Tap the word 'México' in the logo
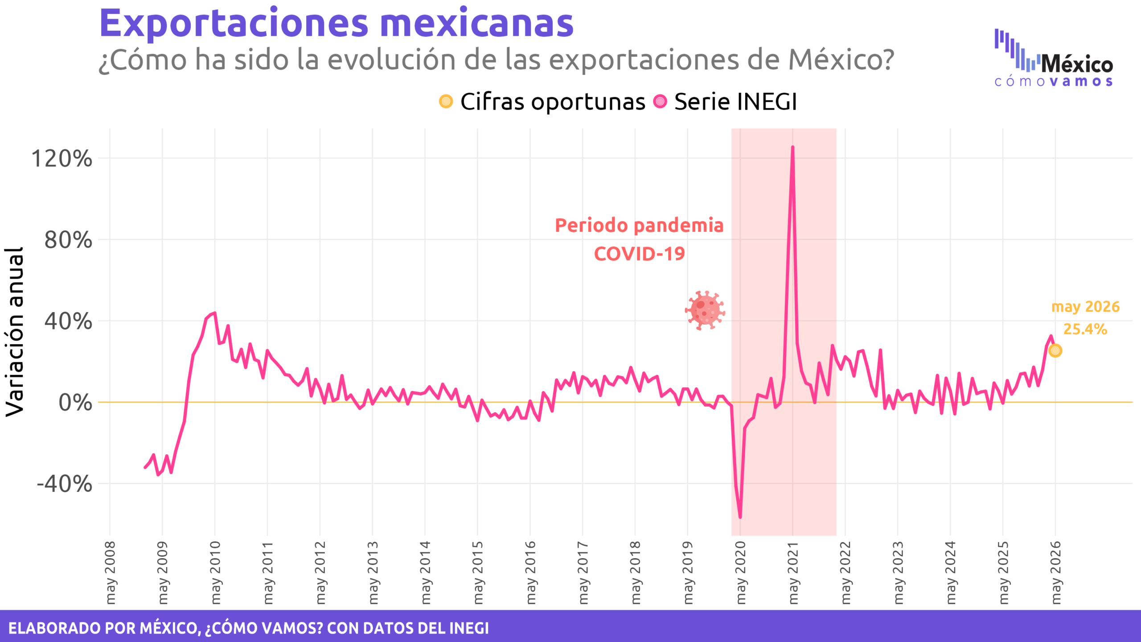pos(1077,64)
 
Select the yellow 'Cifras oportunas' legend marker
pos(446,101)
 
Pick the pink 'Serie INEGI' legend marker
pos(660,101)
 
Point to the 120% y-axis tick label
pos(62,158)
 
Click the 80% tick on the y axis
pos(68,240)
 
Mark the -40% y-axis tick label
pos(65,484)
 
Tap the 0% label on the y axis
pos(75,403)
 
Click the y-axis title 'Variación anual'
pos(14,332)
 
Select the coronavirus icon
pos(705,310)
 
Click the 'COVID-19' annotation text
pos(639,254)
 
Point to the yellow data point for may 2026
pos(1055,350)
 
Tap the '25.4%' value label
pos(1085,329)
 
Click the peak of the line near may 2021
pos(792,147)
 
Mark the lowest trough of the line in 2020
pos(740,517)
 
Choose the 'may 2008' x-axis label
pos(110,573)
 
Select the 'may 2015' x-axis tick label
pos(477,573)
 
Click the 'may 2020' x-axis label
pos(740,573)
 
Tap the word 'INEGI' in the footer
pos(469,628)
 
